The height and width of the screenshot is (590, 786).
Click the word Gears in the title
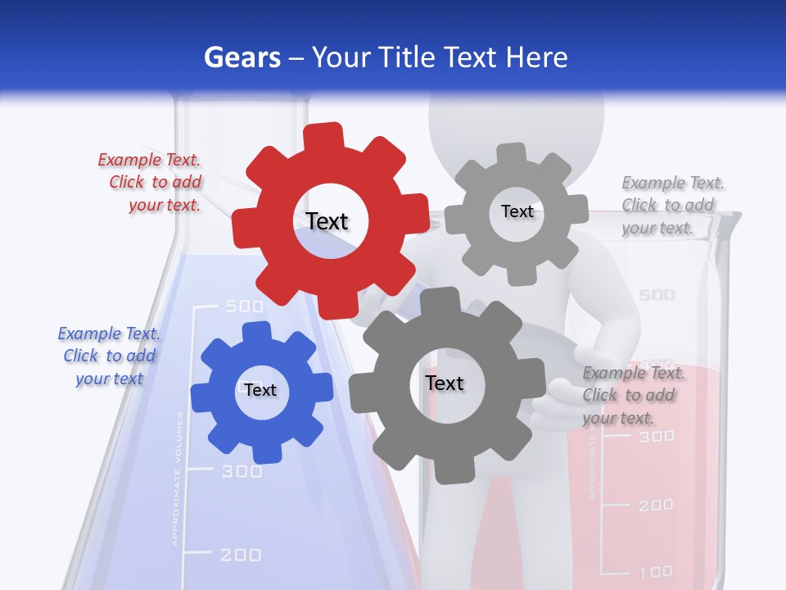[x=242, y=58]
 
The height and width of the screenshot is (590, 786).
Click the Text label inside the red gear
[x=327, y=221]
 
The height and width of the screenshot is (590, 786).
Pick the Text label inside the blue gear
[x=260, y=390]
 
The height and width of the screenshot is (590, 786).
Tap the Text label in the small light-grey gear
[x=517, y=211]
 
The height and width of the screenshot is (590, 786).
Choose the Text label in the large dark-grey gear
[x=445, y=383]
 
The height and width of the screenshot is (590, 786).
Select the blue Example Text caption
[x=109, y=356]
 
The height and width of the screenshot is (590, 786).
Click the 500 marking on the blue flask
[x=244, y=306]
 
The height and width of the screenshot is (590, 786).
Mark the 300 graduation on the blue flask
[x=242, y=471]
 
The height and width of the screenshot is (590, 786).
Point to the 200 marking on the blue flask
[x=241, y=555]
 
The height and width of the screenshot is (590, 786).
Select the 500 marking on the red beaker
[x=657, y=294]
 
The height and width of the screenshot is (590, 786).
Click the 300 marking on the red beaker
[x=656, y=436]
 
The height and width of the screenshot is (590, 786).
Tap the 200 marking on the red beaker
[x=656, y=505]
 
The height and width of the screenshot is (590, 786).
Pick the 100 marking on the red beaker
[x=656, y=571]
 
